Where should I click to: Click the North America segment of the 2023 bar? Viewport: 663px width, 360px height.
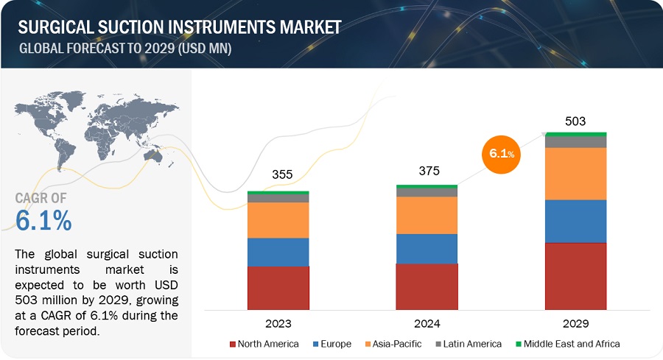(x=278, y=288)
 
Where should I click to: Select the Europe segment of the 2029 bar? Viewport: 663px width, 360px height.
(x=575, y=221)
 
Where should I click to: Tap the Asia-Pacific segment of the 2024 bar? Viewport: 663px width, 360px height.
(x=427, y=215)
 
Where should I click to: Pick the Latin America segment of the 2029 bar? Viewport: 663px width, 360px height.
(x=575, y=141)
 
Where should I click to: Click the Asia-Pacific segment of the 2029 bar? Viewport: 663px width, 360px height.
(x=575, y=174)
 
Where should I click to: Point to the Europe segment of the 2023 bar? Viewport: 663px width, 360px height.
(x=278, y=252)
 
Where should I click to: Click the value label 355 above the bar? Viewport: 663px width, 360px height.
(x=281, y=174)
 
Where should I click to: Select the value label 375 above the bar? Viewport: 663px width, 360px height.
(x=429, y=171)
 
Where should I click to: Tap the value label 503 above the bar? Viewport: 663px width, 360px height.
(x=575, y=121)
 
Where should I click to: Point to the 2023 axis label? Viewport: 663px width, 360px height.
(x=279, y=323)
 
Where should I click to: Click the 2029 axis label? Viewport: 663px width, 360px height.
(x=575, y=323)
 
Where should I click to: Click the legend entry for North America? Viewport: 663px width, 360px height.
(x=264, y=344)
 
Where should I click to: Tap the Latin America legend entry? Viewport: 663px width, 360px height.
(x=467, y=344)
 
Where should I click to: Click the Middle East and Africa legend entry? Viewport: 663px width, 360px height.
(x=566, y=344)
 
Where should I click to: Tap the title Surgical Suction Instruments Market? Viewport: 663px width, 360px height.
(x=179, y=27)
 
